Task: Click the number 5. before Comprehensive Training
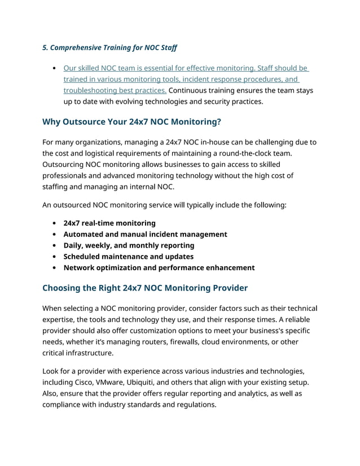(x=46, y=47)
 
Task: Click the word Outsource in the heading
(x=89, y=122)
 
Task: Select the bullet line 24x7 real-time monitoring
(x=109, y=223)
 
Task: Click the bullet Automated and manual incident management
(x=145, y=234)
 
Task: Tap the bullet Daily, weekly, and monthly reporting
(x=129, y=245)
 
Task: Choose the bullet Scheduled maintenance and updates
(x=128, y=257)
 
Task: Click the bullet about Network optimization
(x=159, y=268)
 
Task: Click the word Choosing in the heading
(x=63, y=288)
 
